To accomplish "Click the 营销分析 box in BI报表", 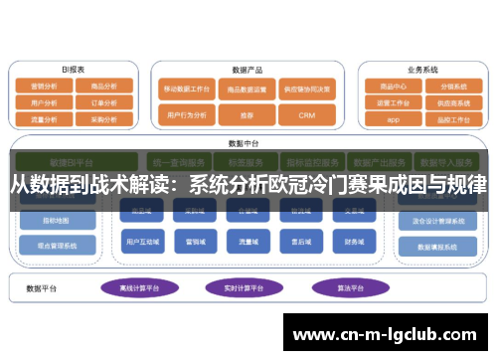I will click(x=46, y=87).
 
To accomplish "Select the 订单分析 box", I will click(x=104, y=101).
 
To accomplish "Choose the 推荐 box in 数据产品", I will click(x=245, y=114).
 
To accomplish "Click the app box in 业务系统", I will click(x=392, y=118).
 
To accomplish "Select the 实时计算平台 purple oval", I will click(x=242, y=287).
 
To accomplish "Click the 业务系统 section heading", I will click(x=422, y=70).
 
